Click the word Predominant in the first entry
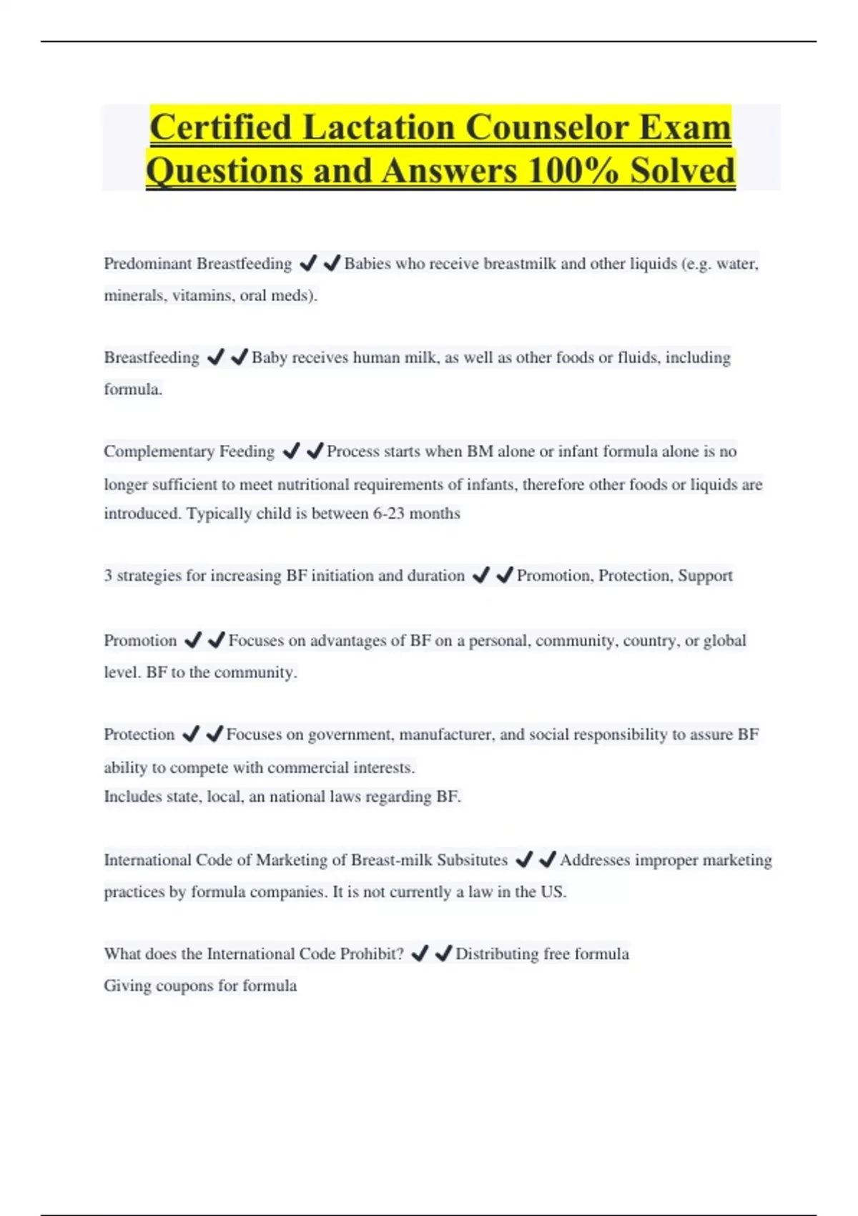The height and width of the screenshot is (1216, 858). [147, 264]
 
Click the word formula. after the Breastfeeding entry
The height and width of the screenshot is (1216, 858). [133, 389]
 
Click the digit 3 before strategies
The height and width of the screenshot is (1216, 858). [108, 576]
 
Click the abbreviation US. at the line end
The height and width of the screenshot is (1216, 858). [553, 892]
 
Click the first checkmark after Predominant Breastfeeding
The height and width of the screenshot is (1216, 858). [308, 263]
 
